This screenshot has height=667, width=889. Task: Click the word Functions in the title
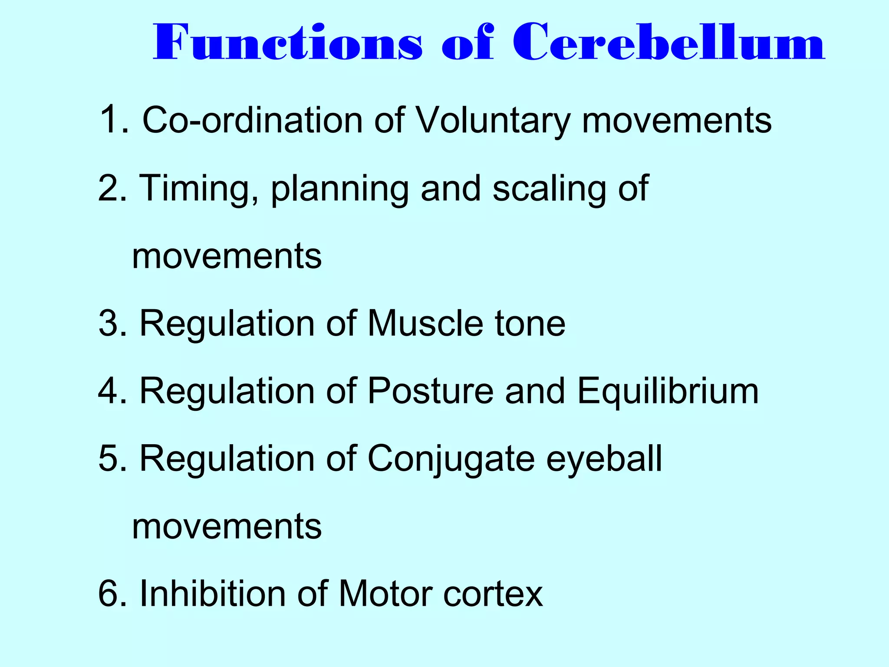pyautogui.click(x=288, y=43)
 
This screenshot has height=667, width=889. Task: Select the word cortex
pyautogui.click(x=493, y=594)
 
